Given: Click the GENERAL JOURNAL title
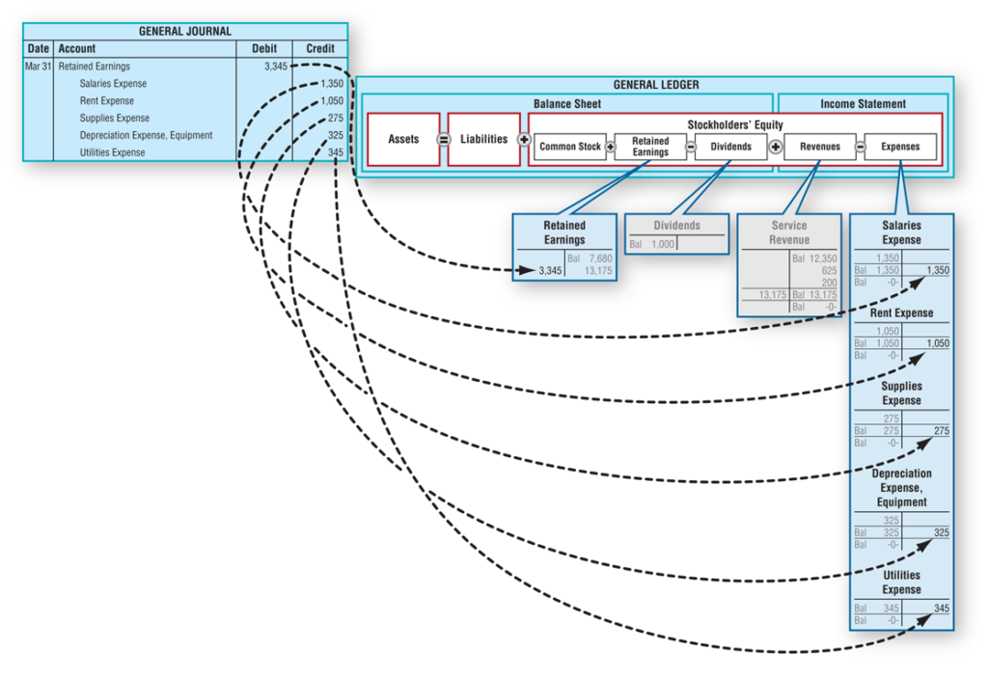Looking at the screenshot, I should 185,31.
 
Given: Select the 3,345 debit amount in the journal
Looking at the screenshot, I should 274,67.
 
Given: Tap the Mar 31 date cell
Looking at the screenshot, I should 38,67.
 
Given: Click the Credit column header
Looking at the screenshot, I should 320,48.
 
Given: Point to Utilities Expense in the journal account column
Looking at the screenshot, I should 113,152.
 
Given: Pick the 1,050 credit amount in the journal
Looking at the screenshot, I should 331,101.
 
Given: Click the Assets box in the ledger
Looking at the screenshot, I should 403,140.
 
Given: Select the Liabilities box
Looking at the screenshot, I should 483,140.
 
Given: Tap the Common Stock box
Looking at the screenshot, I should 569,147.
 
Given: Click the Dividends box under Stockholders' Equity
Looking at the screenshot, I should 731,147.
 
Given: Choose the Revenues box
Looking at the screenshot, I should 820,147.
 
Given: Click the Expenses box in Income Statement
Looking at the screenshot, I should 900,147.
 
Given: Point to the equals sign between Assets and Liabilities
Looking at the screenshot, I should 444,140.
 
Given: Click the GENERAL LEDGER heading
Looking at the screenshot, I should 655,85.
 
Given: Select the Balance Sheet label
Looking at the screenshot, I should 567,103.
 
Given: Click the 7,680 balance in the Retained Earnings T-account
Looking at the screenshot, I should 600,258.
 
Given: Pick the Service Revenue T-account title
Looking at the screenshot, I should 789,232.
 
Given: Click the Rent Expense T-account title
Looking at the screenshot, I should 901,313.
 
